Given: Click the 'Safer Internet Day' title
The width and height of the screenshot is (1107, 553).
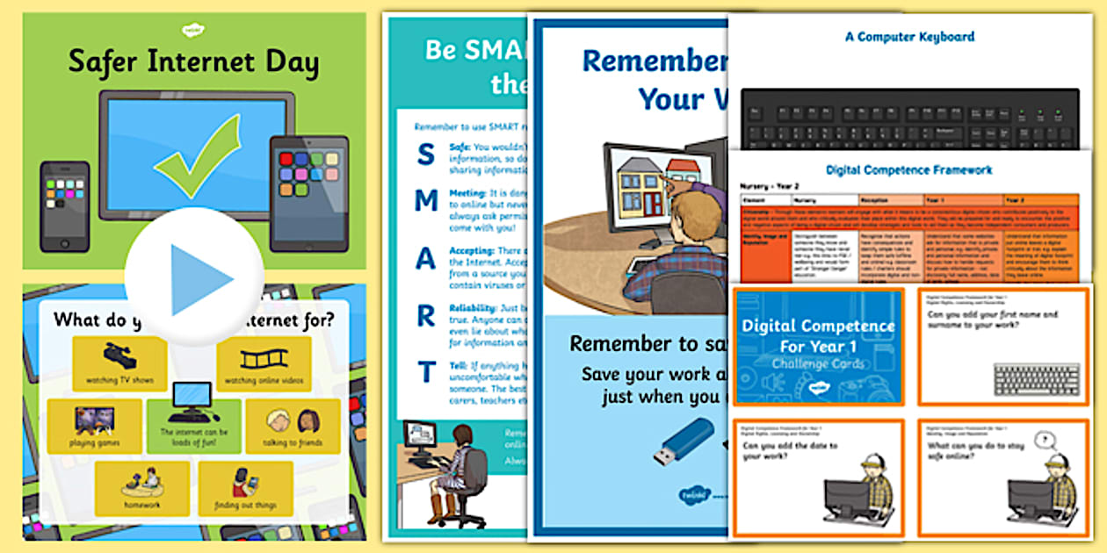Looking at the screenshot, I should pyautogui.click(x=193, y=62).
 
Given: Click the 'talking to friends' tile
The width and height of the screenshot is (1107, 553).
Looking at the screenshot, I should pyautogui.click(x=293, y=426).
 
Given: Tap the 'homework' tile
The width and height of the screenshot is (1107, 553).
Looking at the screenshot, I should pyautogui.click(x=141, y=488).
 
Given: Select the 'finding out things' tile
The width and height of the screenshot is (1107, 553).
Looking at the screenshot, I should pyautogui.click(x=245, y=488).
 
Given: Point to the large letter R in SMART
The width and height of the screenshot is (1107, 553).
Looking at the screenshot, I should pyautogui.click(x=426, y=317).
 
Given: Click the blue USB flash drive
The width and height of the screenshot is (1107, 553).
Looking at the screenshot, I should pyautogui.click(x=683, y=442).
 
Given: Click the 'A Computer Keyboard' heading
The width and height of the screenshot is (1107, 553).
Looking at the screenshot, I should pyautogui.click(x=909, y=37).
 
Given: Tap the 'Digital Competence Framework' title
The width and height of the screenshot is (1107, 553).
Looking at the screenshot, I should pyautogui.click(x=909, y=169).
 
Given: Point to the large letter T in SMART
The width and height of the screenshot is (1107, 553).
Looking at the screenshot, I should pyautogui.click(x=426, y=373).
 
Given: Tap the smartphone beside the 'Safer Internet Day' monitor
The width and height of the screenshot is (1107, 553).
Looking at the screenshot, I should pyautogui.click(x=64, y=206).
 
